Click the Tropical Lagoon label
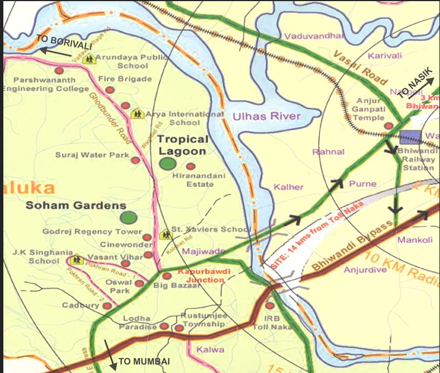[182, 145]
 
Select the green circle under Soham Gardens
[129, 217]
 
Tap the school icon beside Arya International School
[137, 114]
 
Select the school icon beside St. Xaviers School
[165, 235]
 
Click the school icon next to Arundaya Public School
[89, 59]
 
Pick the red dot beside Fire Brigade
[110, 89]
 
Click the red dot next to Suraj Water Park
[135, 160]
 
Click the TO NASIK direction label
[414, 88]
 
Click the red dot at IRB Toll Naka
[270, 306]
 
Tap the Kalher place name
[288, 187]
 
